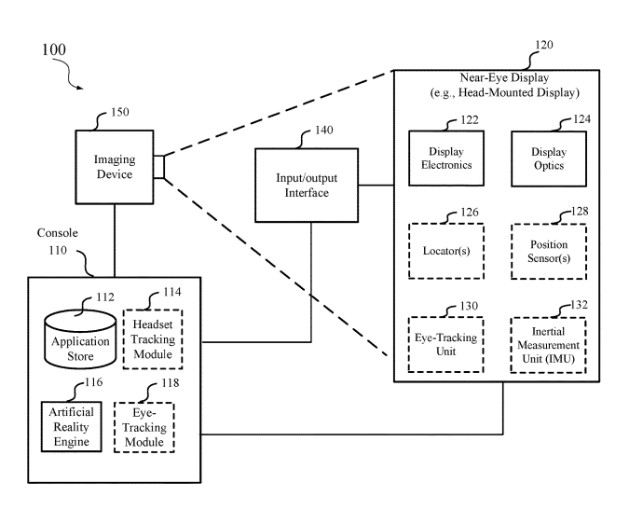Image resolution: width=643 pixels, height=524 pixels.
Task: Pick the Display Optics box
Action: (x=548, y=159)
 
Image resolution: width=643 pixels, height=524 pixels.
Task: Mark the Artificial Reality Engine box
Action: (x=71, y=427)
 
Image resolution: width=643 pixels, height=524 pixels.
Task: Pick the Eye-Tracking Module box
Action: (x=144, y=427)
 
